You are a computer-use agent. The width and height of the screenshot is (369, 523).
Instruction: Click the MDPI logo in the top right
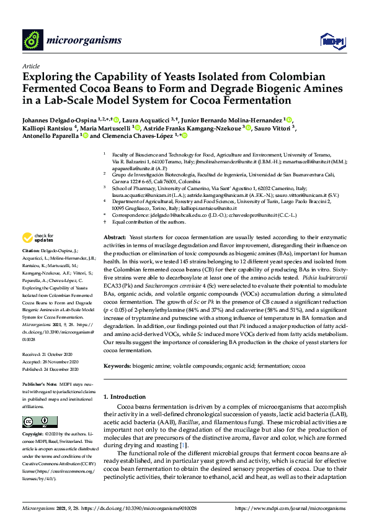point(332,41)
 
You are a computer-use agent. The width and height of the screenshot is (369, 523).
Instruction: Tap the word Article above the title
point(30,65)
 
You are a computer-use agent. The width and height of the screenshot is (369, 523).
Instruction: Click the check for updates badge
point(38,238)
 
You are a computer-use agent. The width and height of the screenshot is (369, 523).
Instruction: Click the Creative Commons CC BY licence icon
point(32,422)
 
